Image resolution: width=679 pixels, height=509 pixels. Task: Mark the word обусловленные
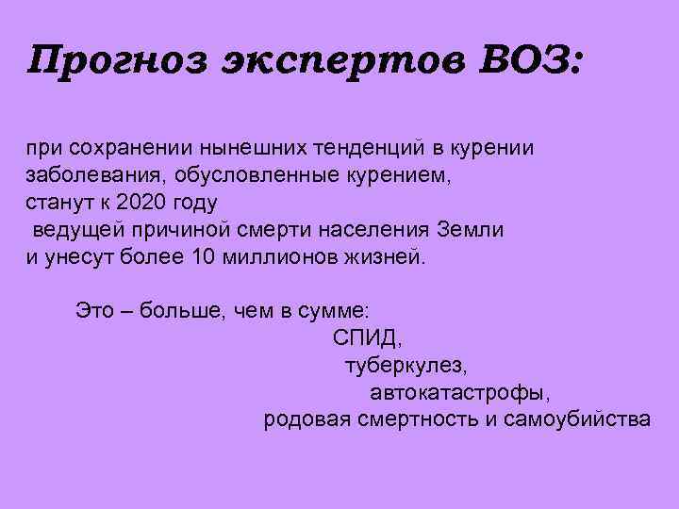240,175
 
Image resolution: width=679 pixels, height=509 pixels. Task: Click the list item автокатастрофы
459,391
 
